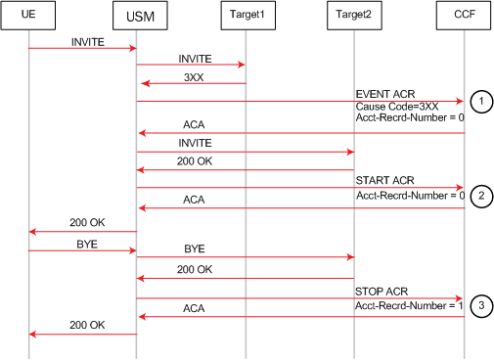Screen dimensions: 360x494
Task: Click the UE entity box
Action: click(x=28, y=17)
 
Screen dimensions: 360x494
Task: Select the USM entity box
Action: click(x=136, y=17)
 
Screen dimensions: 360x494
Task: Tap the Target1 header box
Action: click(x=244, y=17)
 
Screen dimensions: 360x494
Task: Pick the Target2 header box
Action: click(x=353, y=17)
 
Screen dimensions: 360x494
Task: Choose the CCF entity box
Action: click(x=462, y=17)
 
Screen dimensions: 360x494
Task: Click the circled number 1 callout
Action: click(x=479, y=100)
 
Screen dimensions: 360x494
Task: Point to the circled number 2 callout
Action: click(x=479, y=195)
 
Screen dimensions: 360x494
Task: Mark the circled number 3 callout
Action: click(x=479, y=305)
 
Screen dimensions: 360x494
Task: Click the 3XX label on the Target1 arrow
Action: click(x=196, y=76)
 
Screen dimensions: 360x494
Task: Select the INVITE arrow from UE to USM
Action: click(x=82, y=48)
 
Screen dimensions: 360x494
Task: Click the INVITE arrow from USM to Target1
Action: click(x=190, y=66)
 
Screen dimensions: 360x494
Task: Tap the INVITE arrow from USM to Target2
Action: click(x=245, y=152)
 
